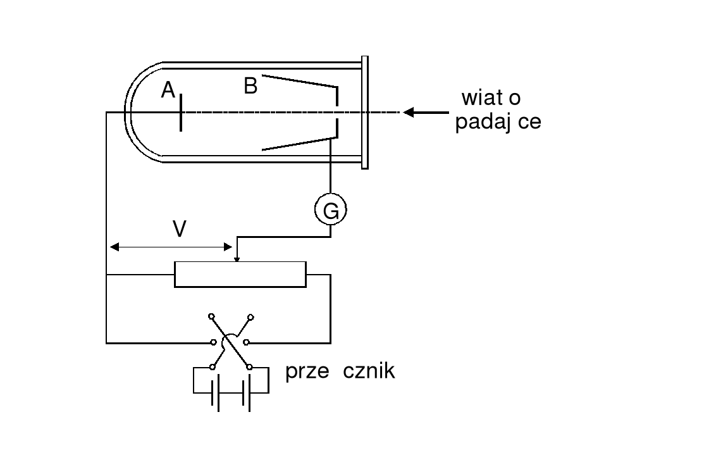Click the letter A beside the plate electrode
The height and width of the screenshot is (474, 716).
click(x=168, y=91)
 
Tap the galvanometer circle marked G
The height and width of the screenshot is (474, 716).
click(x=331, y=211)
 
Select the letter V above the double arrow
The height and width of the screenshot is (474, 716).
click(x=180, y=229)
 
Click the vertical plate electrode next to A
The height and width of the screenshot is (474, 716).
click(x=181, y=113)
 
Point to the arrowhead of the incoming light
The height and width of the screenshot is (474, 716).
click(x=409, y=113)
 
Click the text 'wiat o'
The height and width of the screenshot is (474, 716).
click(x=491, y=98)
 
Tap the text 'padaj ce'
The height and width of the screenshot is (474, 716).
click(x=498, y=122)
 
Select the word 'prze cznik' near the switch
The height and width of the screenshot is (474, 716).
click(x=340, y=371)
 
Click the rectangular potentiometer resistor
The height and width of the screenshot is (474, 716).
click(x=240, y=275)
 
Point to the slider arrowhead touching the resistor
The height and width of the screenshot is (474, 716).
click(x=237, y=258)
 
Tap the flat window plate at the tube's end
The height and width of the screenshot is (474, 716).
click(x=365, y=113)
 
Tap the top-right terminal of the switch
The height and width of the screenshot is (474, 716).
click(x=251, y=316)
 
